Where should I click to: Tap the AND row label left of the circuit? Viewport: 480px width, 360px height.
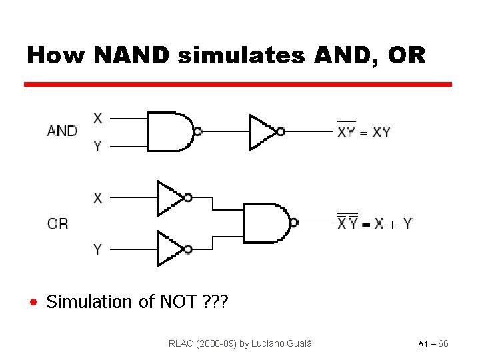(x=62, y=131)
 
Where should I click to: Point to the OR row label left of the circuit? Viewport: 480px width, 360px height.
(x=58, y=223)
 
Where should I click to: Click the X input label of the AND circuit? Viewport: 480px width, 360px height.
(x=98, y=119)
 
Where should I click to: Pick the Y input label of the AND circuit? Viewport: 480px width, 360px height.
(x=98, y=145)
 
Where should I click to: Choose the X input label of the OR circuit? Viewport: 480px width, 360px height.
(x=98, y=198)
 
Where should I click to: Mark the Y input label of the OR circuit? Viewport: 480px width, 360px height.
(x=98, y=249)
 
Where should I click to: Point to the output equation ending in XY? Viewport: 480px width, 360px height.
(x=364, y=131)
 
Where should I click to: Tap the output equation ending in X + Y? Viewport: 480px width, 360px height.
(x=374, y=223)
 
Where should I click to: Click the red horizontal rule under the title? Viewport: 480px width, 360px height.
(x=238, y=85)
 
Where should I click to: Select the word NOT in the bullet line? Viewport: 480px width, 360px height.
(x=178, y=302)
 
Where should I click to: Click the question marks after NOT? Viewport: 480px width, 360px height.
(x=214, y=302)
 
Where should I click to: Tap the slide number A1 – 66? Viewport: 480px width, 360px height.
(x=433, y=344)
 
